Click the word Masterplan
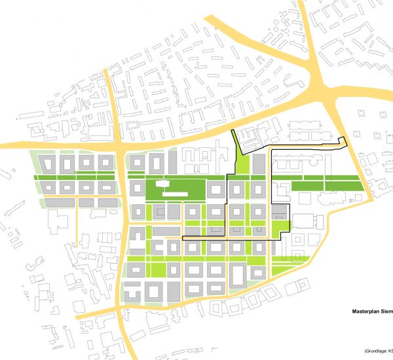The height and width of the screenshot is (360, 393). tap(362, 313)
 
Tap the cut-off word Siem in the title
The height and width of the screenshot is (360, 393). tap(387, 313)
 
